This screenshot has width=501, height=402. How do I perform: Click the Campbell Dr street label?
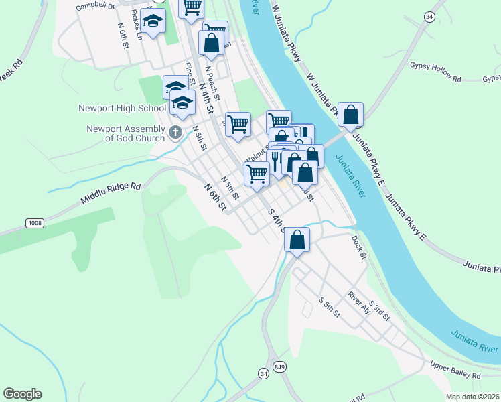tap(95, 7)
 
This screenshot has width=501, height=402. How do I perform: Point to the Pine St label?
tap(190, 74)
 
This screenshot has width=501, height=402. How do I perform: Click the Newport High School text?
tap(122, 108)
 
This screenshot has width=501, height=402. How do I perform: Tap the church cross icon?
tap(175, 132)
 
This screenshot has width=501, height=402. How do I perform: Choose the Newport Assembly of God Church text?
tap(125, 134)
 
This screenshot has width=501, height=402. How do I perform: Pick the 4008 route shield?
tap(35, 222)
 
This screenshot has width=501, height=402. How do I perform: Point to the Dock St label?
tap(359, 247)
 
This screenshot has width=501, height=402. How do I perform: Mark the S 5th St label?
tap(330, 308)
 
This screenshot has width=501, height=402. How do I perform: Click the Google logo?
tap(22, 394)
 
